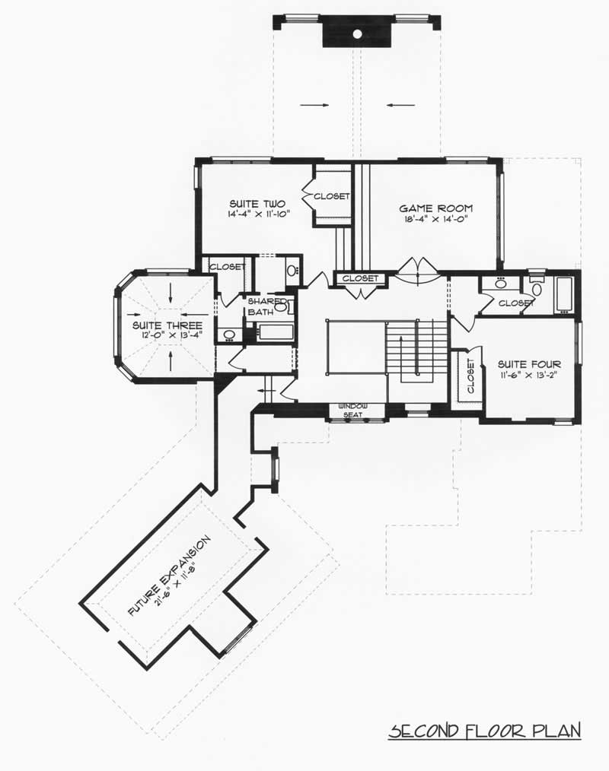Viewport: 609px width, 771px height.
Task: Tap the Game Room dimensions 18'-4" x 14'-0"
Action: (436, 221)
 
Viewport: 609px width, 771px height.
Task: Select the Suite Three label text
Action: (155, 324)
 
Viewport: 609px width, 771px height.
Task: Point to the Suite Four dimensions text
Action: (529, 376)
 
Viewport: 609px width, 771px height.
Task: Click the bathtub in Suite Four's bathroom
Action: (564, 294)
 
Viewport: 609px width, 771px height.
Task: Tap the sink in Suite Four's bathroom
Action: (500, 284)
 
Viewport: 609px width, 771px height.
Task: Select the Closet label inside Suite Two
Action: (330, 196)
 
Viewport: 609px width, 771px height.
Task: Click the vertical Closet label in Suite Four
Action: (470, 376)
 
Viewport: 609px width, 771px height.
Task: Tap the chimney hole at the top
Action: (357, 33)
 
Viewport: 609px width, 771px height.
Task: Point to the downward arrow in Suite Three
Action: (171, 292)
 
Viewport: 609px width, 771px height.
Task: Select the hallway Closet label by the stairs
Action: (359, 278)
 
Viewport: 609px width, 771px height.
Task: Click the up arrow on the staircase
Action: (416, 357)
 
